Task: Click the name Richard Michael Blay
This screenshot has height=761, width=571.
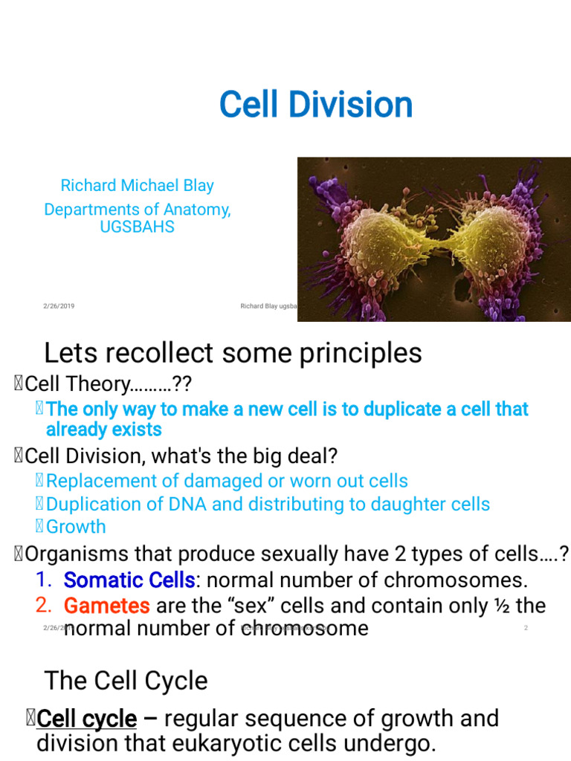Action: pos(137,185)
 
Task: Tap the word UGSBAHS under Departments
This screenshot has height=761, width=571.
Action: pos(137,227)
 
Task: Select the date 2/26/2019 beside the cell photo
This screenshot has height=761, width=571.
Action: pos(58,305)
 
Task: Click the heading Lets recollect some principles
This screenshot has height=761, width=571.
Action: pos(233,352)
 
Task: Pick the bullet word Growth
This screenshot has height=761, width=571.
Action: pos(76,526)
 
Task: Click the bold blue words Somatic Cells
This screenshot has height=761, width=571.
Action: pos(129,580)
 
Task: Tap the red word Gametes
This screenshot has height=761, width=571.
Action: pos(107,606)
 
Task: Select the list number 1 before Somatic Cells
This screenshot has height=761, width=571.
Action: pos(43,580)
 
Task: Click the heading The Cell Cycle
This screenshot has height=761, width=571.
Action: pos(126,680)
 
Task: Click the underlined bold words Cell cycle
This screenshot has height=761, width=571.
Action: pos(86,719)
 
